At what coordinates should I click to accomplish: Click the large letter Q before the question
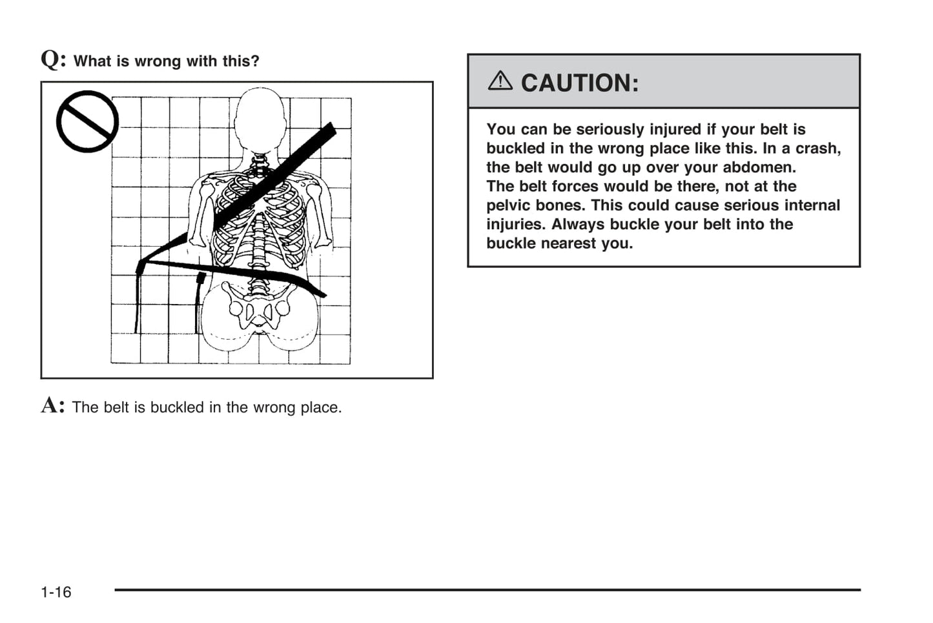click(x=51, y=59)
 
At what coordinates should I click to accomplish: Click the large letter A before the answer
click(x=51, y=405)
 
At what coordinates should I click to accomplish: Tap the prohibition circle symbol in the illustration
click(x=87, y=121)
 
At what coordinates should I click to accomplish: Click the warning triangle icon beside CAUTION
click(x=500, y=81)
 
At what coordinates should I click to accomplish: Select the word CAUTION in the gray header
click(x=579, y=83)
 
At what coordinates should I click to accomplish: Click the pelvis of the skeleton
click(x=259, y=310)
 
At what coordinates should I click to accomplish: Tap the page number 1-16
click(x=56, y=592)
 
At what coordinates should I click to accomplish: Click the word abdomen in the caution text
click(x=763, y=167)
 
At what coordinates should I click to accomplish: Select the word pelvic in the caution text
click(x=509, y=205)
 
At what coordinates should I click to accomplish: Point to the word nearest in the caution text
click(x=568, y=243)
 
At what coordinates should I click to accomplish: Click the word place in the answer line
click(x=319, y=407)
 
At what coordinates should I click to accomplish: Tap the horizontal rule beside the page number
click(x=487, y=589)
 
